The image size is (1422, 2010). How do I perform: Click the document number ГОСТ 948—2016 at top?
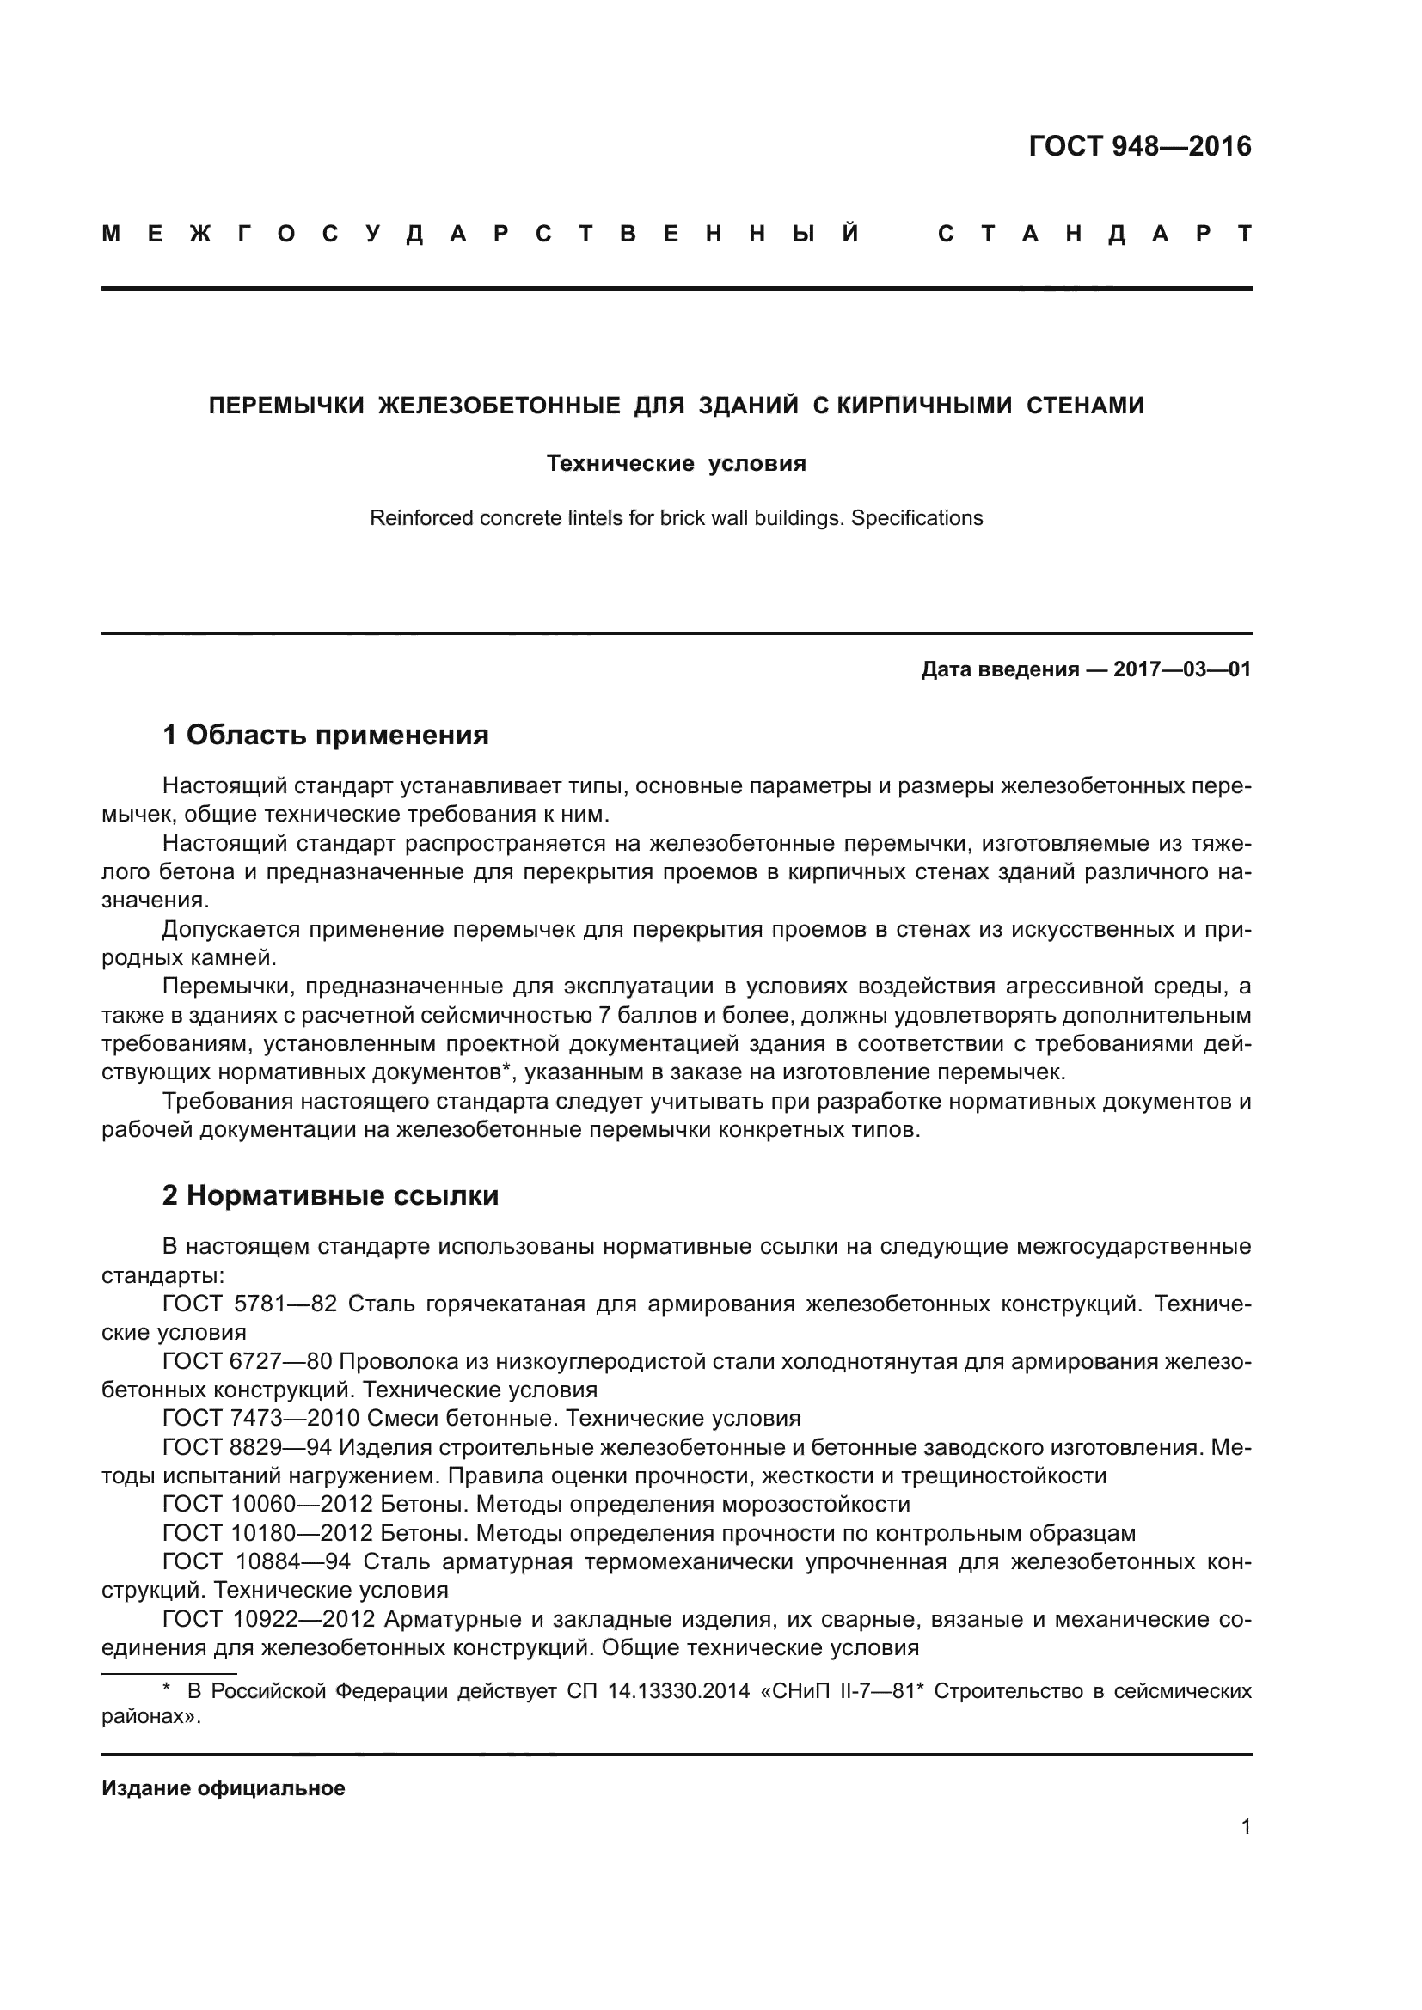click(1139, 146)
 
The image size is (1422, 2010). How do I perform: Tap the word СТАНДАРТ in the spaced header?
click(1094, 235)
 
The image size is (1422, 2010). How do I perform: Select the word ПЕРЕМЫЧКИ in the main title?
click(285, 406)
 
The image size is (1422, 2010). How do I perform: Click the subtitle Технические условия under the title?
click(676, 463)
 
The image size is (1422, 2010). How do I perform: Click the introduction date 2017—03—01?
click(1182, 670)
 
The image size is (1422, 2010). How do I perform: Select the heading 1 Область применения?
click(325, 735)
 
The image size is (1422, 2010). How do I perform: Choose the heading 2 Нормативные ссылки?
click(330, 1195)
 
